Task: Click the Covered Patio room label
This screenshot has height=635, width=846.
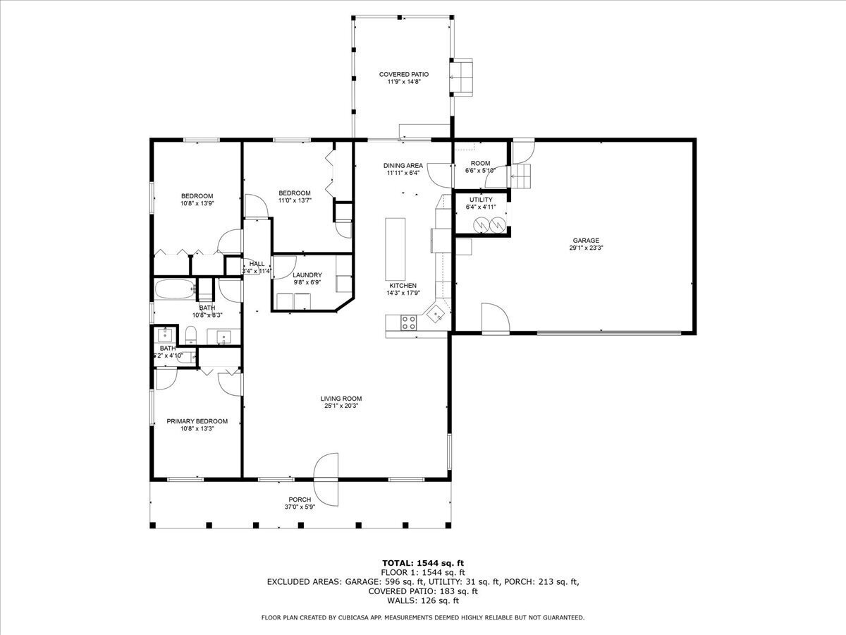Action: click(403, 74)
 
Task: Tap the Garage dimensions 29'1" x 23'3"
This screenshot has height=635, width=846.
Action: click(586, 248)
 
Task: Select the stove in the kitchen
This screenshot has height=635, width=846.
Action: click(409, 322)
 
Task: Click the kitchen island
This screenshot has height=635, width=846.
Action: click(396, 248)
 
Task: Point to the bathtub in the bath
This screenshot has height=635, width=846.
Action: click(173, 289)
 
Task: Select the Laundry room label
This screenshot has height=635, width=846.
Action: click(307, 275)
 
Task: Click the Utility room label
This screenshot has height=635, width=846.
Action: click(481, 200)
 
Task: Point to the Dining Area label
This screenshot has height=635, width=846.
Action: click(403, 166)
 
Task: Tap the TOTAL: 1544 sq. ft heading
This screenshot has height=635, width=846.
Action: click(423, 562)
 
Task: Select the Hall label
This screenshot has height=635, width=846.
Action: click(257, 263)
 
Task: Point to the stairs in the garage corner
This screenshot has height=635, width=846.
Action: click(523, 176)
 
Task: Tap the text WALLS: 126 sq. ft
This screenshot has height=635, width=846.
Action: click(423, 600)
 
